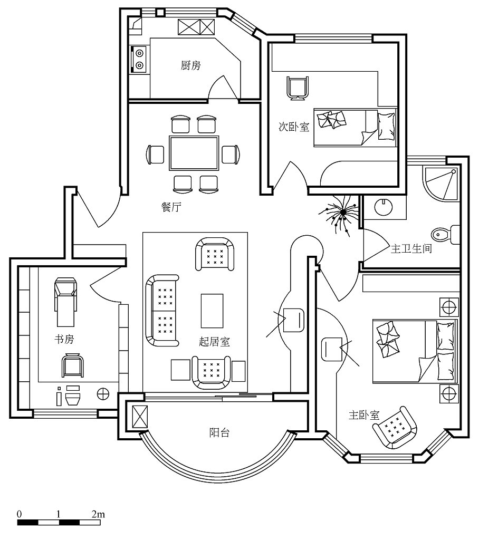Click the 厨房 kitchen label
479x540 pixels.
coord(191,65)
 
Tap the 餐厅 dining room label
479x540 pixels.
coord(171,207)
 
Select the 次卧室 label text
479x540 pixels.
coord(294,127)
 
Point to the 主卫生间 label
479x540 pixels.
coord(411,248)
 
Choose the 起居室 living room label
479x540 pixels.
coord(214,342)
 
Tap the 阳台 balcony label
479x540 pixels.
coord(219,433)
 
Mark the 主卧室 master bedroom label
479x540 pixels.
coord(364,415)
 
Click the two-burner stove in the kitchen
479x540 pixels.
coord(139,59)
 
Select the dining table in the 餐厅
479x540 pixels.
coord(194,153)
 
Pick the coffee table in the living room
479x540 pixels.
coord(212,311)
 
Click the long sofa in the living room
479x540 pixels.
coord(161,310)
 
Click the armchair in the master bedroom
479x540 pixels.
coord(395,427)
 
